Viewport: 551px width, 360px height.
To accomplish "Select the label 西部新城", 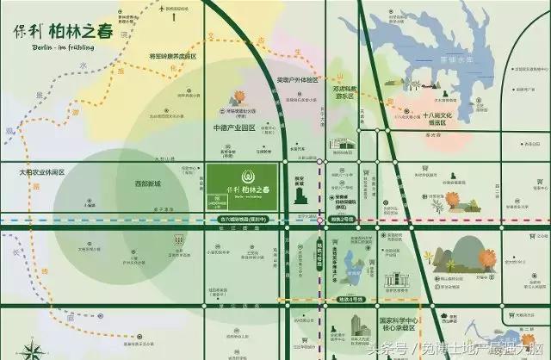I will coord(148,183).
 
